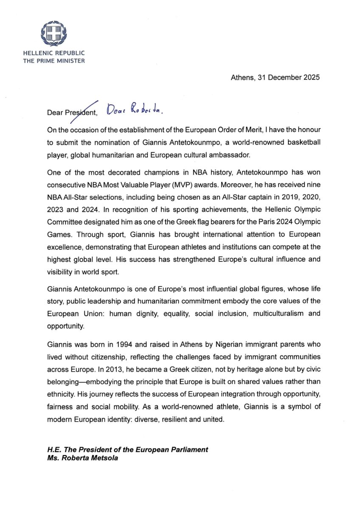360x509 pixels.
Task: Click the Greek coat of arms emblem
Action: tap(53, 34)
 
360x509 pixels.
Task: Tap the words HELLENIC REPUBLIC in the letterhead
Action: tap(53, 53)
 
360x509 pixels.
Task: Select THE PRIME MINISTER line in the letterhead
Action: tap(53, 61)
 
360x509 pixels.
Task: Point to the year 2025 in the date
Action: tap(310, 78)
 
